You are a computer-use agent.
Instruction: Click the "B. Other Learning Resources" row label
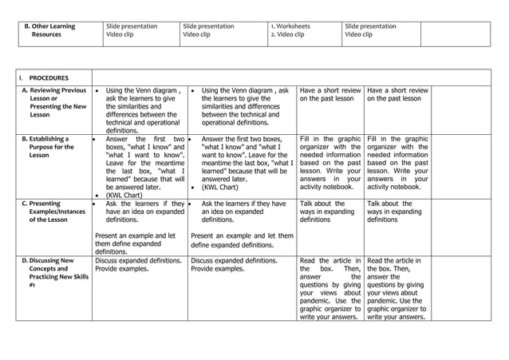coord(53,30)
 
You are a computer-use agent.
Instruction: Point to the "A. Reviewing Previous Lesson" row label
coord(54,102)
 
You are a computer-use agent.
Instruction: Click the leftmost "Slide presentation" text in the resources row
coord(132,26)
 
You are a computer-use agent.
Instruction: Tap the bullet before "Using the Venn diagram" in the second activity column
coord(193,92)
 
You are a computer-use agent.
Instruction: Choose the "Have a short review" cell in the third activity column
coord(330,95)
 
